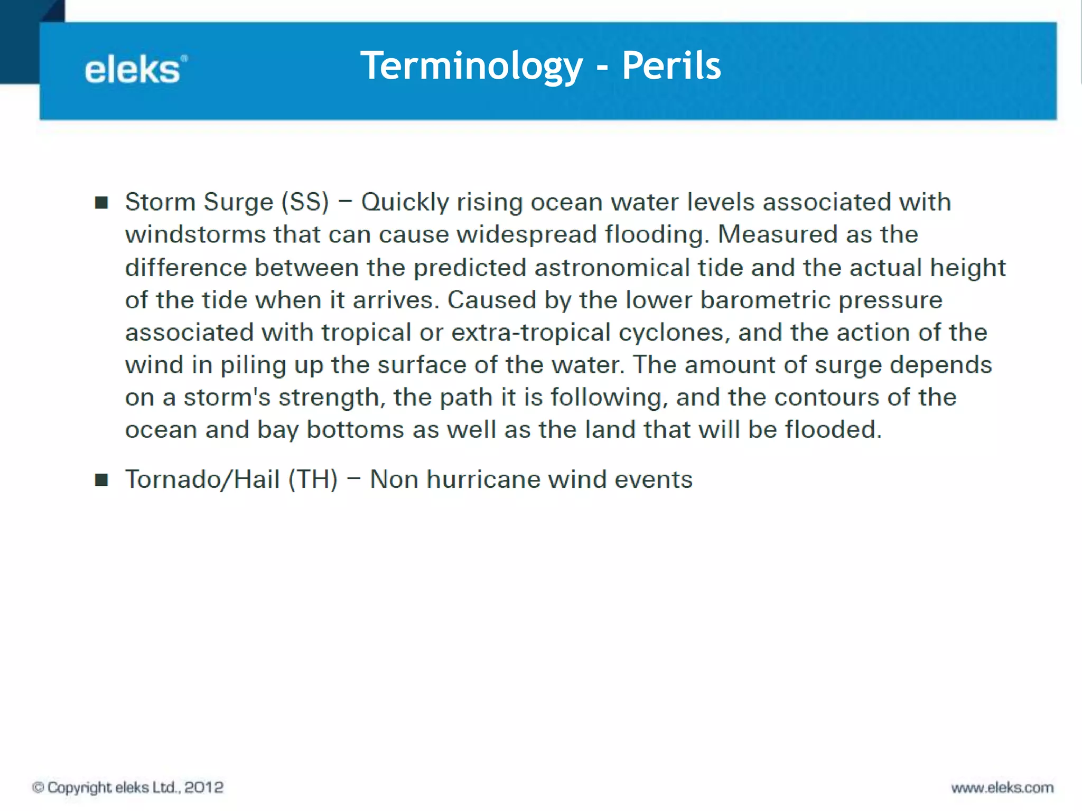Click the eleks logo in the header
tap(135, 70)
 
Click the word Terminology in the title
tap(471, 66)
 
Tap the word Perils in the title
tap(671, 66)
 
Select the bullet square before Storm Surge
tap(101, 203)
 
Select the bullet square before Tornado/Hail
tap(101, 480)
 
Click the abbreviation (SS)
tap(305, 202)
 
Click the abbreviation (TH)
tap(313, 479)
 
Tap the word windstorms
tap(195, 235)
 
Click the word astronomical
tap(612, 268)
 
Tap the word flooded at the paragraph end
tap(833, 430)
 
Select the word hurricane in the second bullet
tap(483, 480)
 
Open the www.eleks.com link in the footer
tap(1002, 788)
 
